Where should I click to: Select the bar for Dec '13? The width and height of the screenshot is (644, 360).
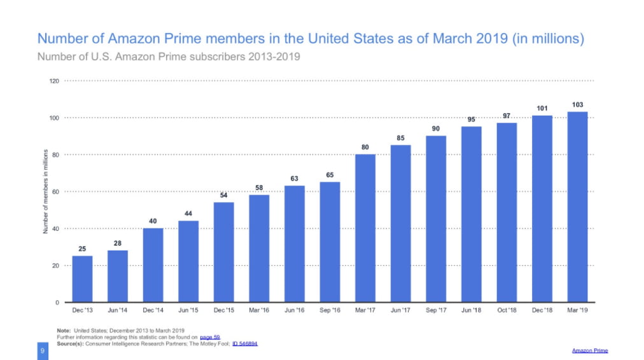82,279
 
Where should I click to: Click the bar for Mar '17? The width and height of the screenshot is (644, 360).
365,228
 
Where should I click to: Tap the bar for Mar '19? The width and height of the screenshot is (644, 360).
577,207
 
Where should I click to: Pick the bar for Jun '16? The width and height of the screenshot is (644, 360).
295,244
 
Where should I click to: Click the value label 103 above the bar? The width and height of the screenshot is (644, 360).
577,104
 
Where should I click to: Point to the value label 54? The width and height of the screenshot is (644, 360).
224,195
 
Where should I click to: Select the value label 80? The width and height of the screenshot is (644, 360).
365,147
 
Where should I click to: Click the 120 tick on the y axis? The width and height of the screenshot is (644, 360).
54,81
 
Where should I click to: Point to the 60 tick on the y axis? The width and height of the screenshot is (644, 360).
55,191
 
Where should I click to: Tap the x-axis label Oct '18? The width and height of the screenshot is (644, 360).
507,311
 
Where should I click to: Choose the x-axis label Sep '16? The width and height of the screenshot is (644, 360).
330,311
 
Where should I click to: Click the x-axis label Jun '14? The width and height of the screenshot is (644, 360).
118,311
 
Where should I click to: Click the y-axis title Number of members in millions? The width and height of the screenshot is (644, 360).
46,191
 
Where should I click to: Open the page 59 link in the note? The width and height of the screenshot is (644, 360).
210,337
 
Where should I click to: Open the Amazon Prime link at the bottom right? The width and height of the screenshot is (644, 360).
589,350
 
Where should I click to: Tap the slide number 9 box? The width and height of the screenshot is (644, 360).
43,350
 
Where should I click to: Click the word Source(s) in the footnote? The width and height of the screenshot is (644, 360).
71,343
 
